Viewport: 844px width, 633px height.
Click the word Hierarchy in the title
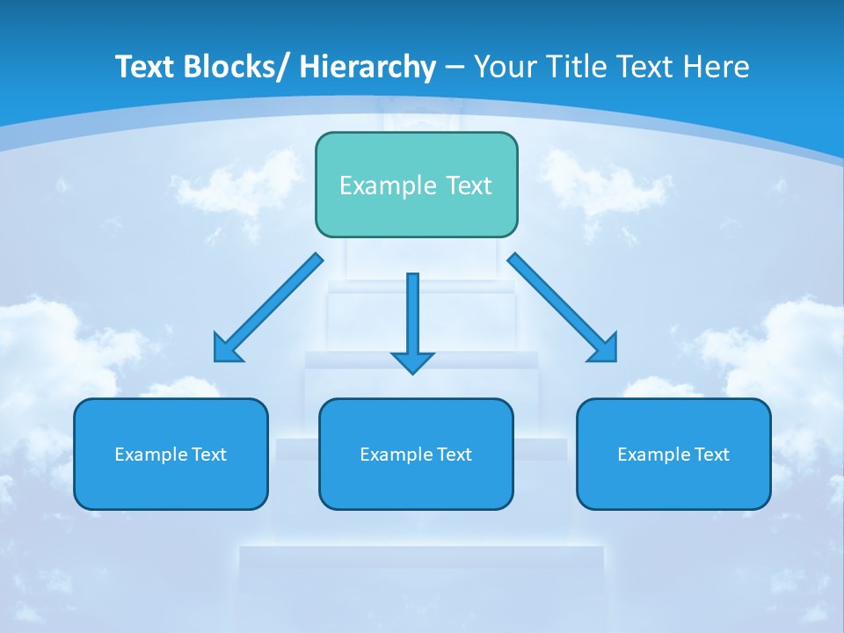point(367,67)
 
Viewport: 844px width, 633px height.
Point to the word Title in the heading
point(570,67)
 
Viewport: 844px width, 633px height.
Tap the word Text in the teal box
point(467,186)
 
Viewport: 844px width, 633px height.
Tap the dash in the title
point(455,68)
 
